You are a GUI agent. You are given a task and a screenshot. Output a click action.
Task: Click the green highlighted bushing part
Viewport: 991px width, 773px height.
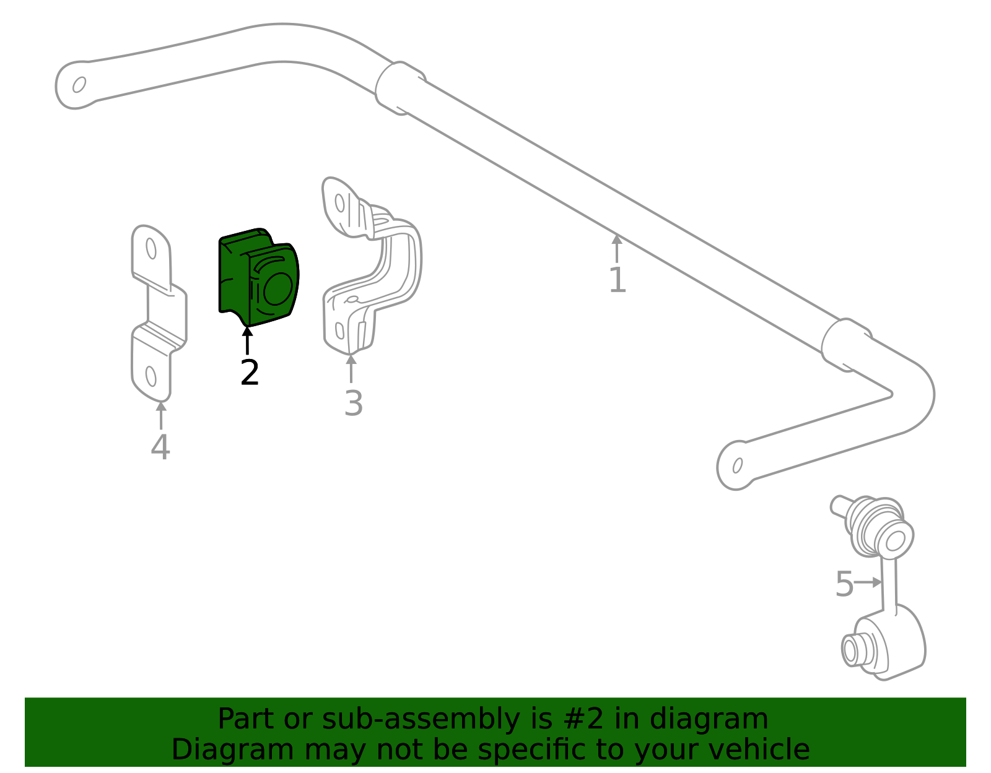[x=258, y=277]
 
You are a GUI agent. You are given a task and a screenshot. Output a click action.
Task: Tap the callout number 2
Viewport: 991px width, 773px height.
[x=250, y=373]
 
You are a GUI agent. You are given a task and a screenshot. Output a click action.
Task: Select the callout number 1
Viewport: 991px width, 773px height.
[x=618, y=280]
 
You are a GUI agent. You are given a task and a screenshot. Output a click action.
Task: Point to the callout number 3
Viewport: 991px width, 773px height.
[x=354, y=403]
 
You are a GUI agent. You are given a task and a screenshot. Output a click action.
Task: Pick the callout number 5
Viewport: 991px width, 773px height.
[x=844, y=584]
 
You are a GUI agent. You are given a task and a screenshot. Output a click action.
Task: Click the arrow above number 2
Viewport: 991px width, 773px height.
[x=247, y=340]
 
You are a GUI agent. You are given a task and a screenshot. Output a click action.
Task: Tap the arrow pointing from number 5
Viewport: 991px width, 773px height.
[x=867, y=582]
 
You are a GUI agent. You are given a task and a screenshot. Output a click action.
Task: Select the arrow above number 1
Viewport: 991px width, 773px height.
[x=616, y=248]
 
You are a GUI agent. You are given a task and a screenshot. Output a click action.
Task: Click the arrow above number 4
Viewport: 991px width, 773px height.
[x=161, y=415]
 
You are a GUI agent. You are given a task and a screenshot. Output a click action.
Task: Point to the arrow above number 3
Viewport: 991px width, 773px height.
[x=351, y=369]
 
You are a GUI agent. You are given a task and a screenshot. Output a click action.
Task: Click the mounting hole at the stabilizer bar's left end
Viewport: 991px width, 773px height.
[x=79, y=85]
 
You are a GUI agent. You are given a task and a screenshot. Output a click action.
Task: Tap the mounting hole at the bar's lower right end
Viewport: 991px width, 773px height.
[x=738, y=465]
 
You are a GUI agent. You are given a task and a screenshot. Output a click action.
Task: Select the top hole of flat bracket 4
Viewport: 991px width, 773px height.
[x=151, y=248]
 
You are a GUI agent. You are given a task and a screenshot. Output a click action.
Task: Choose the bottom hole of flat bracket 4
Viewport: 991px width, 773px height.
[x=151, y=376]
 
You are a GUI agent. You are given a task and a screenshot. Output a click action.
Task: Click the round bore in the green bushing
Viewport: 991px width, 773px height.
[x=277, y=289]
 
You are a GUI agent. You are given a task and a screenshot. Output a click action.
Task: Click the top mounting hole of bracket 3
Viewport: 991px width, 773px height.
[x=340, y=203]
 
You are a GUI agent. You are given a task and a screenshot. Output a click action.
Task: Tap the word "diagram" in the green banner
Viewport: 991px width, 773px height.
[x=709, y=719]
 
